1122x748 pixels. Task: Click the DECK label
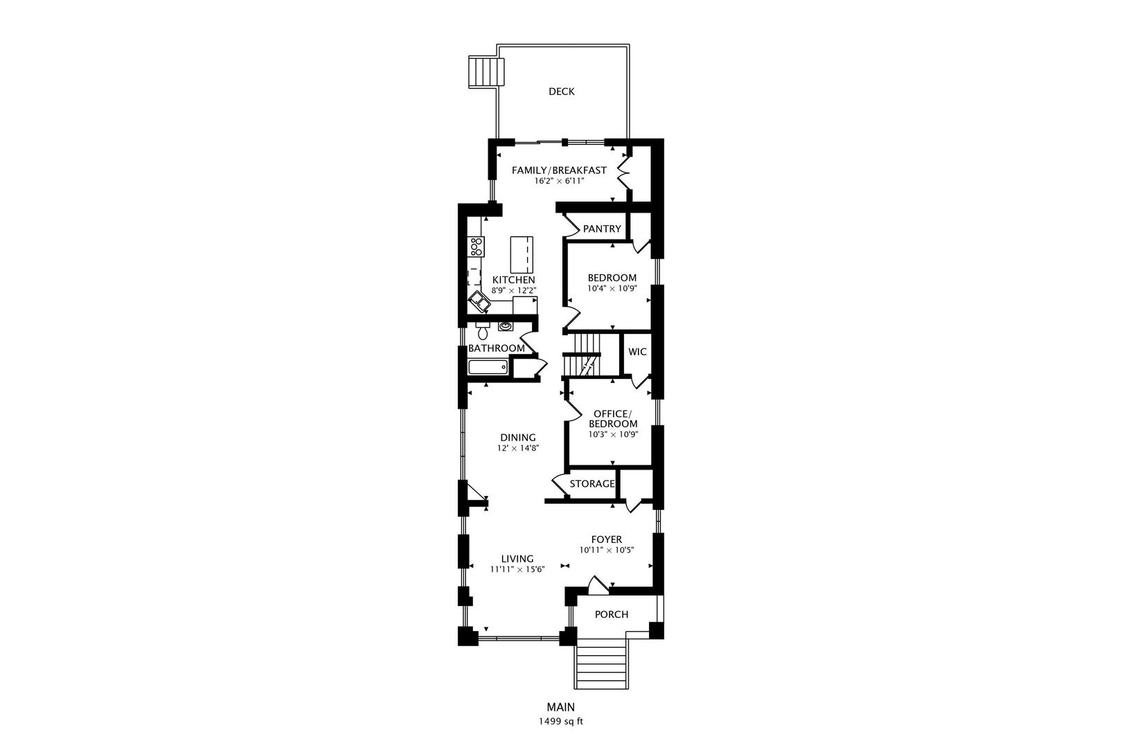click(562, 91)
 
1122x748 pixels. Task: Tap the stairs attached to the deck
click(486, 72)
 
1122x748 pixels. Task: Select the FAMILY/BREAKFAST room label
click(559, 170)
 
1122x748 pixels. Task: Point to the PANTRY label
click(602, 229)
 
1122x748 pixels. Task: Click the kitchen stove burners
click(126, 247)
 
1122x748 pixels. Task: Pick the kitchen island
click(522, 255)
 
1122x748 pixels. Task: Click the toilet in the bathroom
click(483, 331)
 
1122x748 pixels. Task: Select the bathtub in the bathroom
click(488, 367)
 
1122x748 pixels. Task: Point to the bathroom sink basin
click(506, 327)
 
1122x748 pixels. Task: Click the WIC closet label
click(637, 353)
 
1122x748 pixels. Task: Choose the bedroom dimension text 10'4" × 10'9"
click(612, 289)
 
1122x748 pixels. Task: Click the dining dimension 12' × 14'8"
click(518, 448)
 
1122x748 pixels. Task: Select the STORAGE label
click(592, 484)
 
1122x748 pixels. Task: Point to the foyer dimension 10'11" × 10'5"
click(607, 550)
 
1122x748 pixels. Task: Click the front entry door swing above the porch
click(598, 586)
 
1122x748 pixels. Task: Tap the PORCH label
click(612, 615)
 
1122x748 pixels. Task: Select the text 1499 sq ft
click(561, 722)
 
